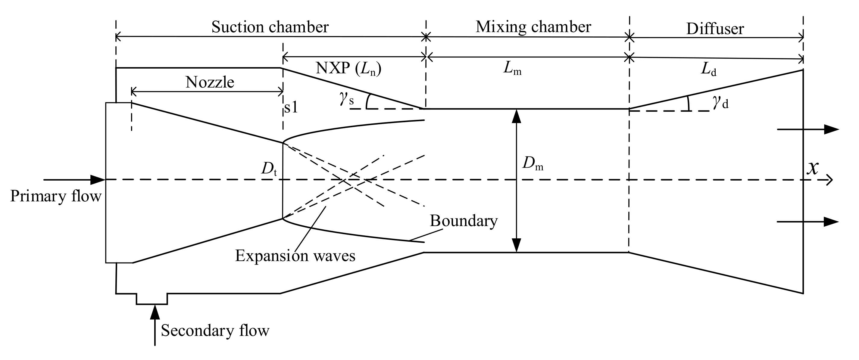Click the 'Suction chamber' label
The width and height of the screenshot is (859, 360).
(270, 27)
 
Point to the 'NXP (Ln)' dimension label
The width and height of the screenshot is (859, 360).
(348, 69)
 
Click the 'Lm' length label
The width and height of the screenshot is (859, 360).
(512, 69)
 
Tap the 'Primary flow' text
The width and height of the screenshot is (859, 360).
(55, 196)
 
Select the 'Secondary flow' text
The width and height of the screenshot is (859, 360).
(215, 331)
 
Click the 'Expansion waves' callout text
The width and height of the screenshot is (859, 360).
(295, 256)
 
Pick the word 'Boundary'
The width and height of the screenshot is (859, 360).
(463, 221)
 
